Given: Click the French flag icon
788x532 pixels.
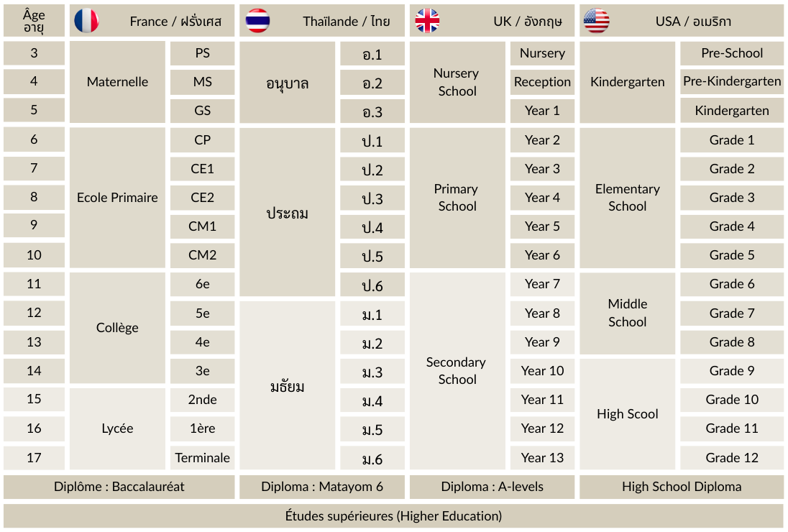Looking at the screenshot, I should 86,21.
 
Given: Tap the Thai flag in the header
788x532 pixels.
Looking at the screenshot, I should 257,21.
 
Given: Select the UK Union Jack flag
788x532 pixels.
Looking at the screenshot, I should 427,21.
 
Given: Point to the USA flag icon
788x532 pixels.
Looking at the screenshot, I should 596,21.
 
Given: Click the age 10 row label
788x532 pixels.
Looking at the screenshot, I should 34,255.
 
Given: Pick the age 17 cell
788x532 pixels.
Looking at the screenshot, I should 34,457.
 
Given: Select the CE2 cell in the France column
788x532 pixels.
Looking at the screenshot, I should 203,198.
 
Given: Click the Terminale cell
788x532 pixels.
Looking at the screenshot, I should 203,457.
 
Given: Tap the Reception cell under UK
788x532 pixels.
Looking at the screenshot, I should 542,82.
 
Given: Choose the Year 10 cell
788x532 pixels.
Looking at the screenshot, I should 542,371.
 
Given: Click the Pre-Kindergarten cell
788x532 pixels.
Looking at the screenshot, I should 732,82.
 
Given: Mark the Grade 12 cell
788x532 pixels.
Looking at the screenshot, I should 732,457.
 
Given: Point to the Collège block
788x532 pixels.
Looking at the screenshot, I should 117,328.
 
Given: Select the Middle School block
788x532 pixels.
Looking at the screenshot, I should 628,313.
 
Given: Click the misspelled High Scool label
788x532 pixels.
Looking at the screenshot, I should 628,414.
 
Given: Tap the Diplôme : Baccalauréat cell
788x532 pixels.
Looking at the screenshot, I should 119,487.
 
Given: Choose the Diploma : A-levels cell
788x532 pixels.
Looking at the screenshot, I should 492,487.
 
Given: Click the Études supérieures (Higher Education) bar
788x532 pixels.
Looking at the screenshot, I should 393,516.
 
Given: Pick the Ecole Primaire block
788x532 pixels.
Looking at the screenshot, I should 117,198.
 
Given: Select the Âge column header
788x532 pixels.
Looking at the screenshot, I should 34,21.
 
